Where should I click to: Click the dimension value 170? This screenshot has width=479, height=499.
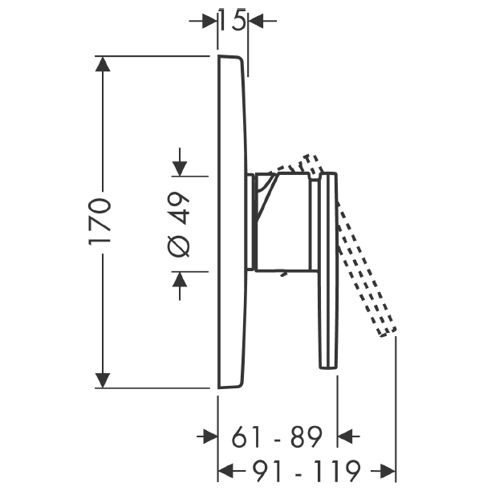(99, 221)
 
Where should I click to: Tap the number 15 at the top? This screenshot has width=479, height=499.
(233, 20)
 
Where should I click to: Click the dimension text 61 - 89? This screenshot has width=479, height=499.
(277, 437)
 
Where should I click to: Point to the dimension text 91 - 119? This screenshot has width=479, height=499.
(306, 471)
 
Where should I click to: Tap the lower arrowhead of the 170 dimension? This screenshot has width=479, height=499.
(103, 380)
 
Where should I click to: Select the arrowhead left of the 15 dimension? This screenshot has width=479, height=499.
(209, 21)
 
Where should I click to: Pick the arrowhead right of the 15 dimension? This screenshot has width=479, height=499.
(256, 21)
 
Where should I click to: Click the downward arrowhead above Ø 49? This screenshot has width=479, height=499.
(180, 168)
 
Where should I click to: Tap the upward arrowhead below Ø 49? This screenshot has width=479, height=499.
(180, 279)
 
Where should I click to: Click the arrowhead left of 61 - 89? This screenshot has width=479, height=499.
(210, 436)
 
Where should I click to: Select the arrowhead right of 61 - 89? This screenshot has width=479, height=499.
(345, 436)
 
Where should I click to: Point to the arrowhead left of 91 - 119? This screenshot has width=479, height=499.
(225, 471)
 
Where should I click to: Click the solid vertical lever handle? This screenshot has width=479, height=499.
(328, 270)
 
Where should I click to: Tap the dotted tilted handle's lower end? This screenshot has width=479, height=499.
(388, 332)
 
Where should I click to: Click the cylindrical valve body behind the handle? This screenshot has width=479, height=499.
(282, 222)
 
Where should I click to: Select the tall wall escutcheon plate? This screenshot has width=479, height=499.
(232, 222)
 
